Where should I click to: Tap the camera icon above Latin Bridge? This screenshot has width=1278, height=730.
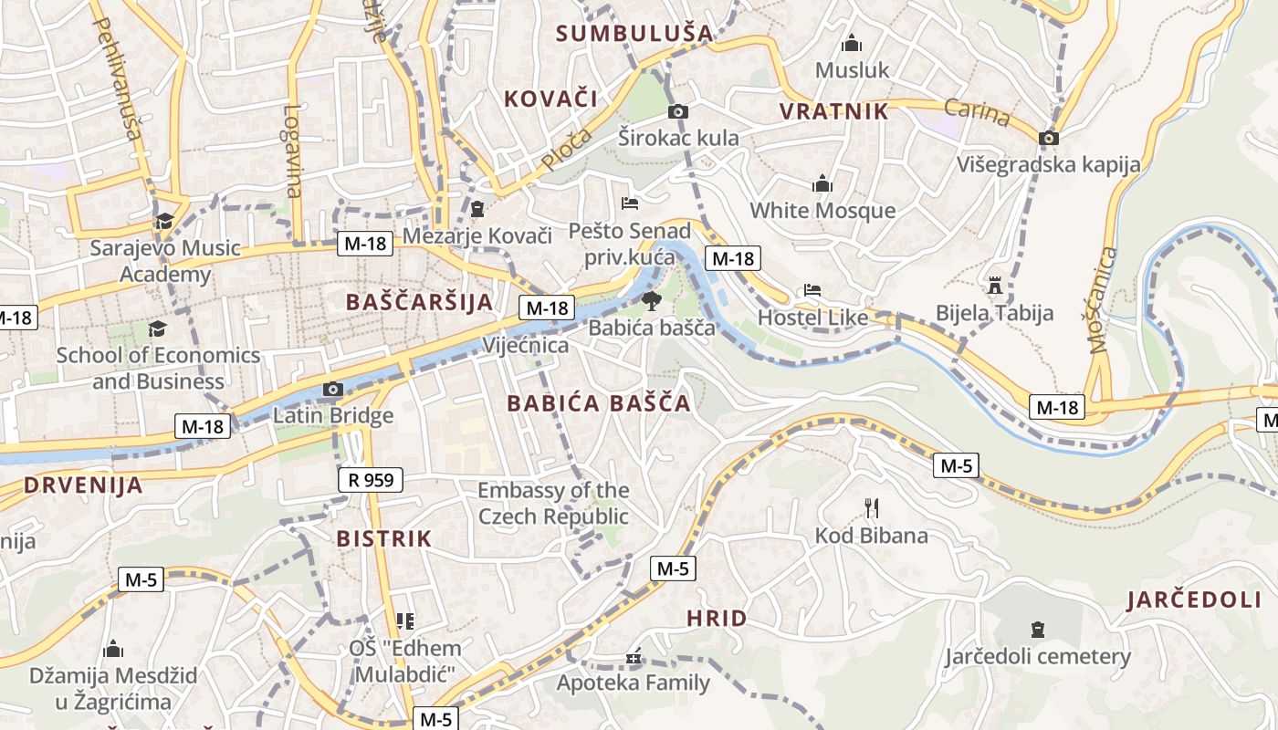click(x=332, y=390)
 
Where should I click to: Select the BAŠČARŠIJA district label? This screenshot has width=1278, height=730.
click(x=419, y=302)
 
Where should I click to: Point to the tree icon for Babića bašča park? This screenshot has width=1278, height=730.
click(x=651, y=300)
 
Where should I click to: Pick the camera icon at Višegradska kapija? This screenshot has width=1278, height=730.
click(x=1049, y=138)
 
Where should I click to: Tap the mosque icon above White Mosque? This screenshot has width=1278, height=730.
click(x=822, y=183)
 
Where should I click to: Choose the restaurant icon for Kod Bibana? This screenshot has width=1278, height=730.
click(x=872, y=507)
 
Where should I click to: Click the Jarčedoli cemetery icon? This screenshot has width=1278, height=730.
click(x=1037, y=629)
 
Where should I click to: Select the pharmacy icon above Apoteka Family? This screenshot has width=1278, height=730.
click(x=634, y=656)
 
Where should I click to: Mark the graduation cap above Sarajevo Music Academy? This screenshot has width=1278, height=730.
click(x=164, y=221)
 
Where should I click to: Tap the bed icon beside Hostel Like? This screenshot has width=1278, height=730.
click(x=812, y=290)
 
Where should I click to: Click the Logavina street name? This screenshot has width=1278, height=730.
click(x=292, y=151)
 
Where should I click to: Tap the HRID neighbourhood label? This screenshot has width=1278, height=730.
click(x=717, y=619)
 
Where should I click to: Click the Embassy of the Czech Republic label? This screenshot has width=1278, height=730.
click(x=553, y=504)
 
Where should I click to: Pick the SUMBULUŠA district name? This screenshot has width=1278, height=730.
click(x=634, y=34)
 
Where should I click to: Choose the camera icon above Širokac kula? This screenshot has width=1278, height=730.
click(x=677, y=111)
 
